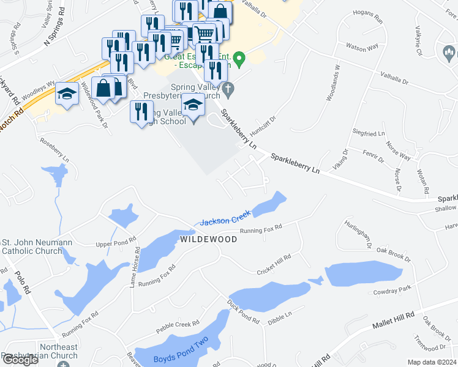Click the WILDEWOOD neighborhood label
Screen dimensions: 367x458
click(x=208, y=239)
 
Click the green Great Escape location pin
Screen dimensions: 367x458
click(x=240, y=59)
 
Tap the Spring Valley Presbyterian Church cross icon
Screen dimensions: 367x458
click(x=228, y=89)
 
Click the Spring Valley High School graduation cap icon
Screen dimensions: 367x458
click(x=193, y=105)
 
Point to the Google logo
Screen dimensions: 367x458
click(x=20, y=360)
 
